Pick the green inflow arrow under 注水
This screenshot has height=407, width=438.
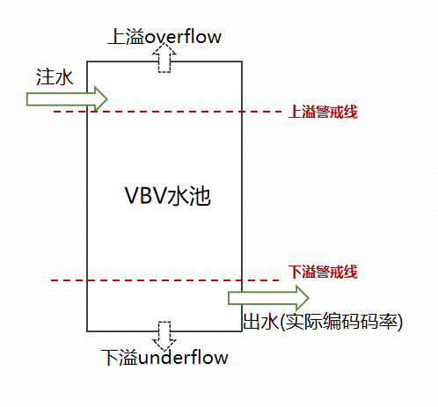point(66,98)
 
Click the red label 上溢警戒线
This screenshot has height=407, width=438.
point(323,113)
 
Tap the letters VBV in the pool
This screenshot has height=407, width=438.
point(145,198)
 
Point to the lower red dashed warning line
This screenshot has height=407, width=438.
point(141,280)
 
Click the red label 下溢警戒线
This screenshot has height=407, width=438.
point(323,271)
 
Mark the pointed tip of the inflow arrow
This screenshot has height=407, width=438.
point(107,98)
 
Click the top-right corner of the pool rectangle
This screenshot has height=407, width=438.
point(242,62)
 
